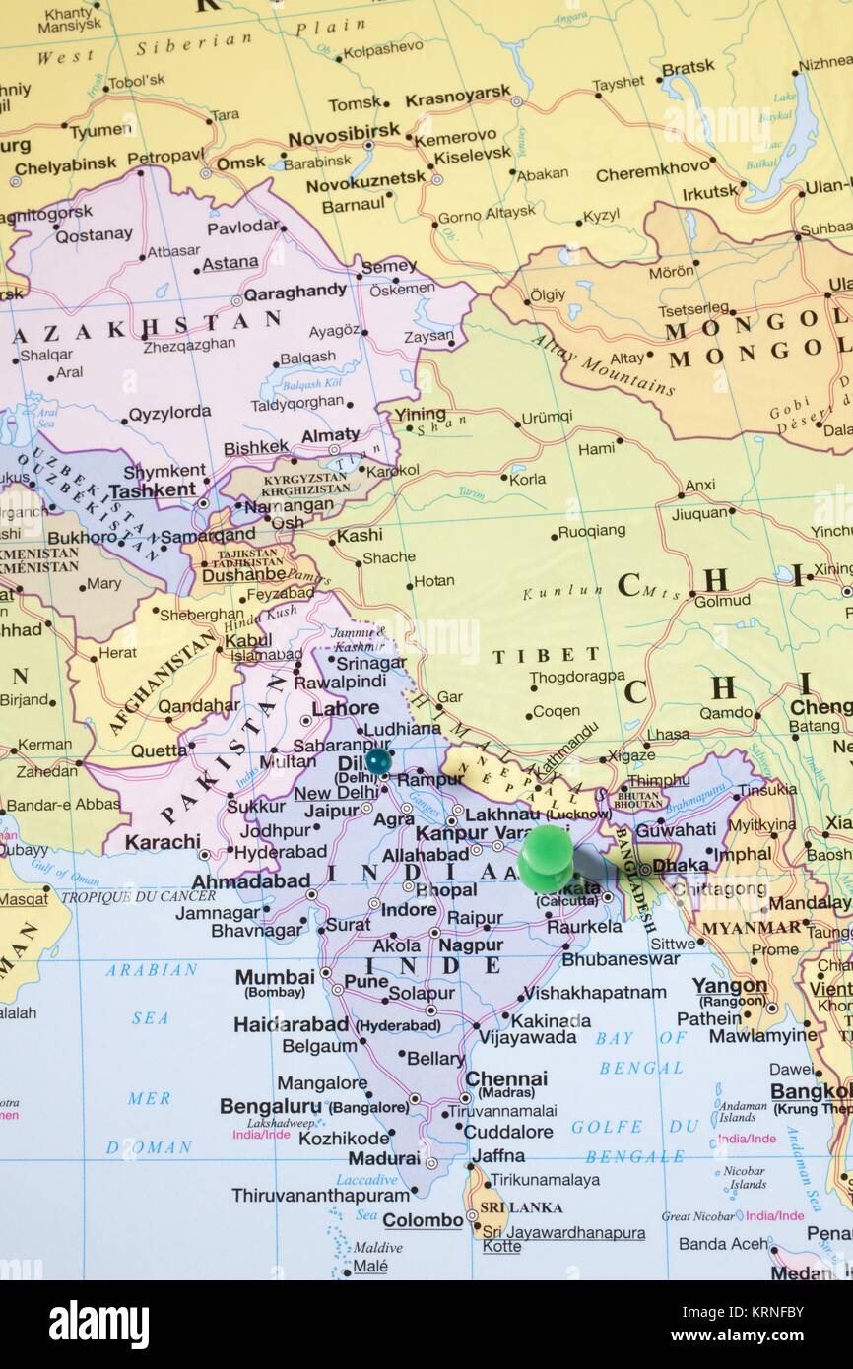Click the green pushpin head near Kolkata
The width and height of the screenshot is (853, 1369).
pyautogui.click(x=545, y=856)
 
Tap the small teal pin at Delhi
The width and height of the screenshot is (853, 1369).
pyautogui.click(x=378, y=760)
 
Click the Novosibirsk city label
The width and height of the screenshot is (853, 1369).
pyautogui.click(x=344, y=131)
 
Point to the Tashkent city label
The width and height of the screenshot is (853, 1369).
pyautogui.click(x=152, y=489)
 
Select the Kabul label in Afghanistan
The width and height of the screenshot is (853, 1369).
pyautogui.click(x=247, y=639)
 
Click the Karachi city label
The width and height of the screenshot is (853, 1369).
pyautogui.click(x=163, y=842)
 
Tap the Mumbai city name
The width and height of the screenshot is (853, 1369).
pyautogui.click(x=274, y=977)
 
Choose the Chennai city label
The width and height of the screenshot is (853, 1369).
pyautogui.click(x=505, y=1079)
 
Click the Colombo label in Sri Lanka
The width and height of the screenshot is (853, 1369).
pyautogui.click(x=423, y=1220)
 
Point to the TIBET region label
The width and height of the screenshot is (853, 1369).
pyautogui.click(x=546, y=655)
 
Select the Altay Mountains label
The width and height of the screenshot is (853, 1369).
pyautogui.click(x=602, y=365)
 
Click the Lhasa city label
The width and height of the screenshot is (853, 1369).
pyautogui.click(x=667, y=735)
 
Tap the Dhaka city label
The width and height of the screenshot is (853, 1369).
pyautogui.click(x=680, y=865)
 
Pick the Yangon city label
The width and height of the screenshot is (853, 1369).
pyautogui.click(x=729, y=986)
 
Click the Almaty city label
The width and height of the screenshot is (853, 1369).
pyautogui.click(x=330, y=435)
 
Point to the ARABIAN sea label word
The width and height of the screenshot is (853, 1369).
pyautogui.click(x=152, y=970)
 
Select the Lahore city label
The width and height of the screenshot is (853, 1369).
pyautogui.click(x=345, y=707)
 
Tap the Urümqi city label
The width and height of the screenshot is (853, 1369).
pyautogui.click(x=546, y=417)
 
